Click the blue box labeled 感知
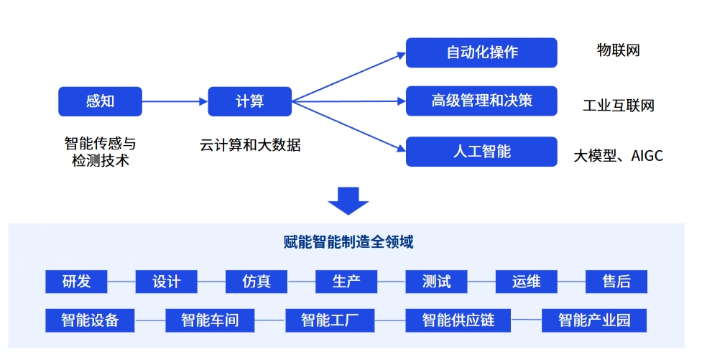[x=100, y=101]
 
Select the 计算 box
[x=249, y=101]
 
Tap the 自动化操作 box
[x=481, y=52]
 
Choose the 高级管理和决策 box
[x=481, y=101]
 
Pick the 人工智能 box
[x=481, y=152]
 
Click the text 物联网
[x=618, y=50]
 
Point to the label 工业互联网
[x=618, y=106]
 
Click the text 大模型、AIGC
[x=618, y=155]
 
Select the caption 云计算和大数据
[x=250, y=145]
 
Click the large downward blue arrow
[x=348, y=200]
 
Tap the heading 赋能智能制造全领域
[x=348, y=242]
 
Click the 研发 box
[x=76, y=282]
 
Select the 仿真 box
[x=257, y=282]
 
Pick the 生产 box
[x=346, y=282]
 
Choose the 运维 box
[x=527, y=282]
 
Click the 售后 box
[x=616, y=282]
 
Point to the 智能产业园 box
[x=594, y=320]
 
